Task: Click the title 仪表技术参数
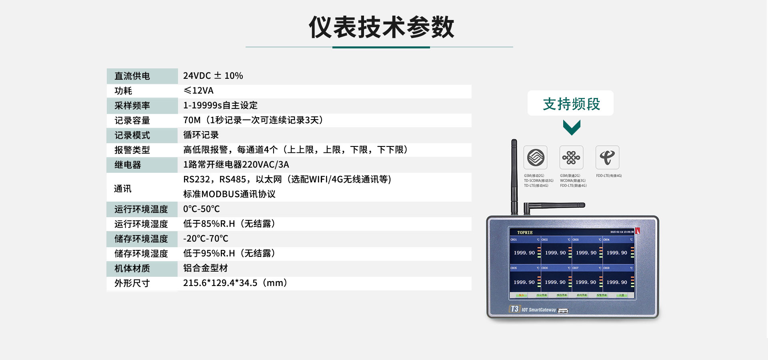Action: [381, 27]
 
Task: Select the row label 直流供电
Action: [132, 76]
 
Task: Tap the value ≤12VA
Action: [198, 91]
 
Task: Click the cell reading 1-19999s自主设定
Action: [220, 106]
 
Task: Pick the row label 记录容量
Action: [132, 120]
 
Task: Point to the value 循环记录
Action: [201, 135]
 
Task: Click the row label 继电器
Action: [128, 165]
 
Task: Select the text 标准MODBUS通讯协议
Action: [229, 194]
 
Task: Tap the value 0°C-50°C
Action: [201, 209]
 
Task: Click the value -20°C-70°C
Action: [206, 239]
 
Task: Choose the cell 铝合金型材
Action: [205, 268]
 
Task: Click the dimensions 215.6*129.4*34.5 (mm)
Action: [235, 283]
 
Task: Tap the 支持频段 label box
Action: [570, 104]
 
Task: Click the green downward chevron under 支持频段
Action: [571, 128]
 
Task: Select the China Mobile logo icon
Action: [536, 157]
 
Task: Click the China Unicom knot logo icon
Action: [571, 157]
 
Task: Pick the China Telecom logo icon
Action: [607, 157]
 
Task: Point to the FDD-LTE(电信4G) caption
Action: [609, 176]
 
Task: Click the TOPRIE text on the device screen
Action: [525, 232]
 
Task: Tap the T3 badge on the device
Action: [514, 309]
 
